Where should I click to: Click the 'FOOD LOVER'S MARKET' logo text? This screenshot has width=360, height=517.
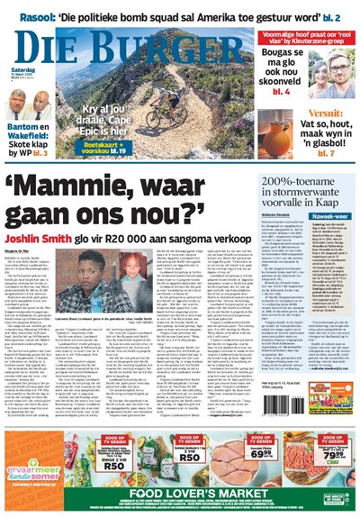click(x=180, y=494)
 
